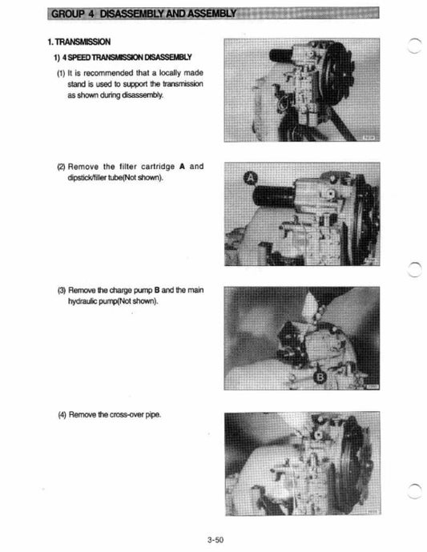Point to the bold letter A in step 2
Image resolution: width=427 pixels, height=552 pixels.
182,167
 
